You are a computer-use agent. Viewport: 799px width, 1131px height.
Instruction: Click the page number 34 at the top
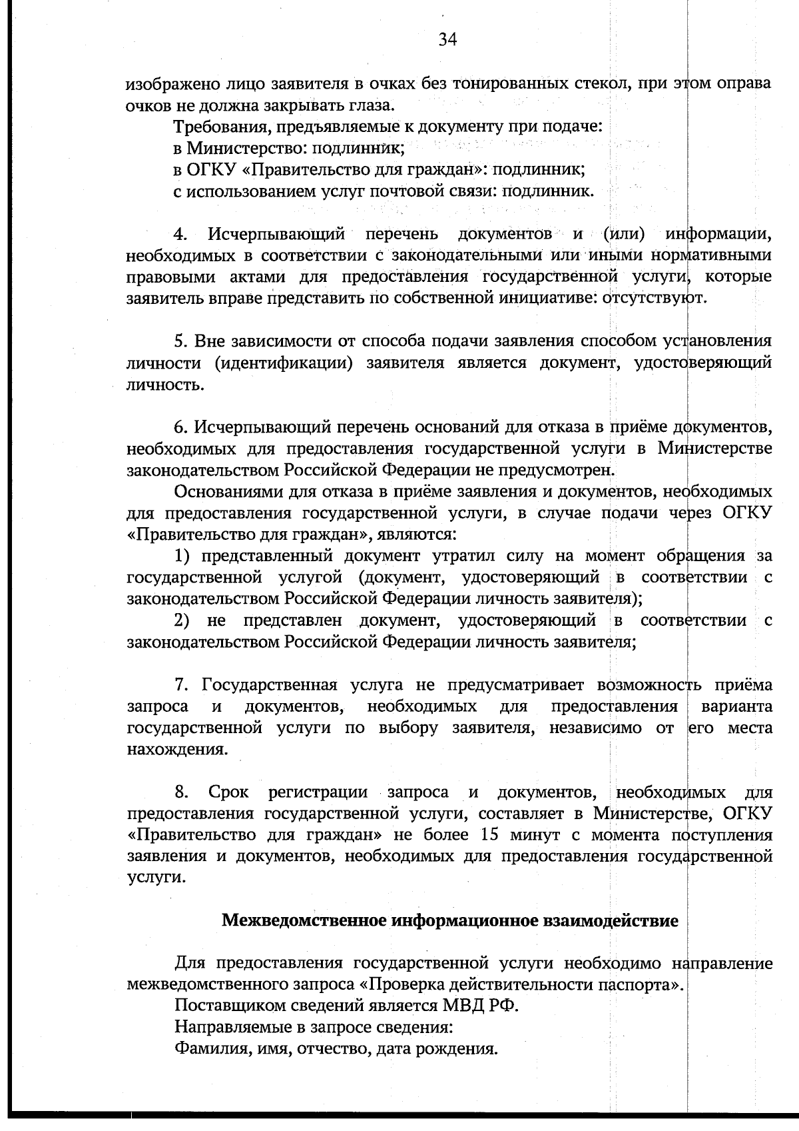447,41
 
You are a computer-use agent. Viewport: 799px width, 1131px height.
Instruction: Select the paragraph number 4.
180,234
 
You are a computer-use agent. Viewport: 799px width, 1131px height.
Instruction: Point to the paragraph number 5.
180,341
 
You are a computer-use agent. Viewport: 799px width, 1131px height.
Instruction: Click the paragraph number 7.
180,685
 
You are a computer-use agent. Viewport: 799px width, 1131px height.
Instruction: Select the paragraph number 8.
180,792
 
